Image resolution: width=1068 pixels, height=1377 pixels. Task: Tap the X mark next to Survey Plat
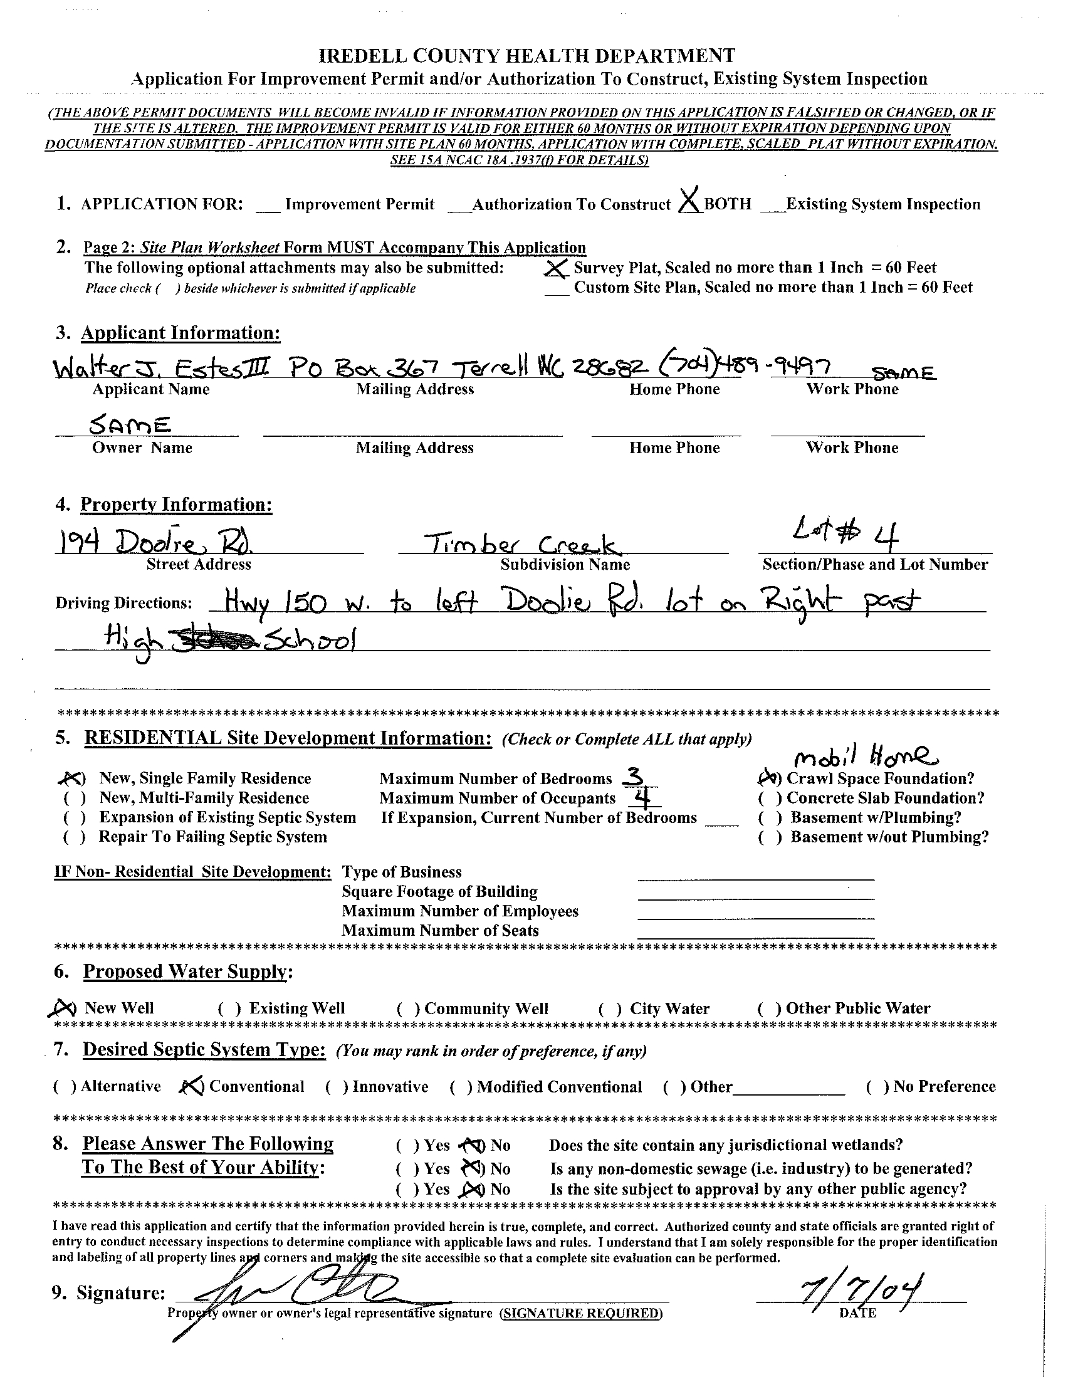coord(555,269)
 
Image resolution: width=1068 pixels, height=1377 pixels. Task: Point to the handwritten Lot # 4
coord(845,535)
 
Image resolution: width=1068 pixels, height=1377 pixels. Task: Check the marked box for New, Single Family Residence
coord(74,779)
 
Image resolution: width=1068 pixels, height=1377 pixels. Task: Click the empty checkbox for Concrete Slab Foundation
coord(769,799)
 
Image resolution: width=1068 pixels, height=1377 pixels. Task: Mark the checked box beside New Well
coord(63,1008)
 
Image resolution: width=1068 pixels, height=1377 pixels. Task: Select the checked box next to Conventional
coord(191,1086)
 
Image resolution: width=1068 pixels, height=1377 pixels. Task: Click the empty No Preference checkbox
coord(878,1086)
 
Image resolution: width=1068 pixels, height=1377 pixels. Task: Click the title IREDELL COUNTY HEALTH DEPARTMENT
coord(528,56)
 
